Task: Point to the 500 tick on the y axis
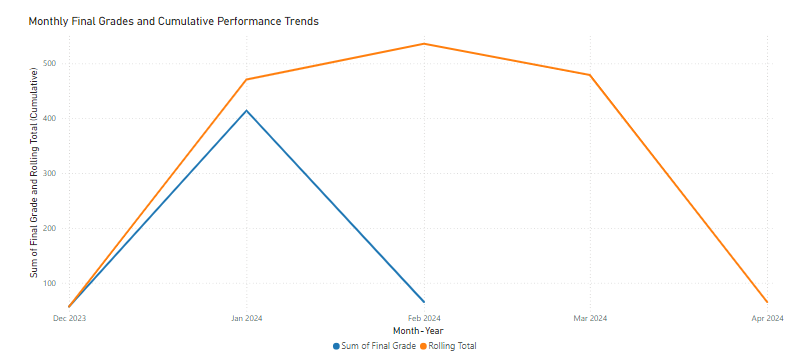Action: pos(50,63)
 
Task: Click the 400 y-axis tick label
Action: pos(50,118)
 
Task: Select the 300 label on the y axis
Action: pos(50,173)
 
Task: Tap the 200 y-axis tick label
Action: pos(50,228)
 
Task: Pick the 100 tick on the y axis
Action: pos(50,283)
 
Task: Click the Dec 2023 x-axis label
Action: pos(69,318)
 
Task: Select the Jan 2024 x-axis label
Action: pos(246,318)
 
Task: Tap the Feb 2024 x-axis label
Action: pos(424,318)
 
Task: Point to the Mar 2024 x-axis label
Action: pos(590,318)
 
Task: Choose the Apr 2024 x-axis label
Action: pos(766,318)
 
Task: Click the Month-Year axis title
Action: pos(418,331)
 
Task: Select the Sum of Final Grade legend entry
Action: pos(375,346)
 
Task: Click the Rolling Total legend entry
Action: pos(451,346)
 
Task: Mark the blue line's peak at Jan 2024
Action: pos(246,110)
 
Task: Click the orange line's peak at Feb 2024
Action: pos(424,44)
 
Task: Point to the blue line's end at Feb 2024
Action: pos(424,301)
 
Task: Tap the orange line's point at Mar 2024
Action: pos(590,75)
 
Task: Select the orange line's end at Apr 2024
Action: pos(767,302)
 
